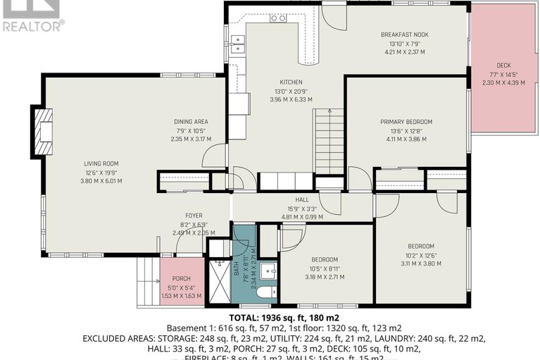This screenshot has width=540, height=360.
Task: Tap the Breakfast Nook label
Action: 404,35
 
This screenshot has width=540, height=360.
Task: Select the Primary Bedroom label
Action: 406,122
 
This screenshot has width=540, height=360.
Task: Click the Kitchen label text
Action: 291,82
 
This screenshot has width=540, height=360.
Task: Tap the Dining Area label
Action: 191,122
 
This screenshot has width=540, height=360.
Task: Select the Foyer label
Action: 194,216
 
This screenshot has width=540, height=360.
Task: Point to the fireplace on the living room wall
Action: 42,131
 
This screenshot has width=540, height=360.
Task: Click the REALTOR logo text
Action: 32,26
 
